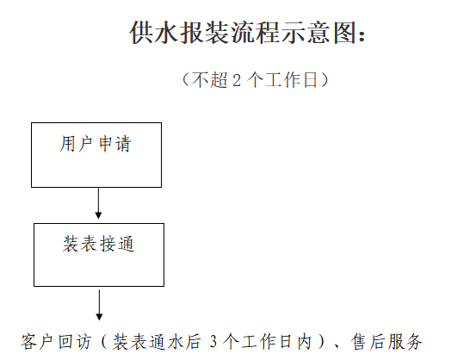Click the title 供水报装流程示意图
(x=243, y=33)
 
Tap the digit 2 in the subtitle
(x=237, y=81)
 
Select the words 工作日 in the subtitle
(x=291, y=80)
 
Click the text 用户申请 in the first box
(x=96, y=144)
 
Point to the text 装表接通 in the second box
(x=98, y=244)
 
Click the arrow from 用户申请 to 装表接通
(x=98, y=203)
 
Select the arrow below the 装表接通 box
(x=99, y=305)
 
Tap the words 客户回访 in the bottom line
(x=56, y=341)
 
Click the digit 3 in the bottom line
(x=213, y=342)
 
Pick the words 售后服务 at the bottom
(x=386, y=341)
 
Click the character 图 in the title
(x=344, y=33)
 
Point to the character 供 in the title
(x=141, y=33)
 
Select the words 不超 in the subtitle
(x=209, y=80)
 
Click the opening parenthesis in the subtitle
(x=186, y=80)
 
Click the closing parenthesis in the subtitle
(x=325, y=80)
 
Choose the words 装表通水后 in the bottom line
(x=157, y=341)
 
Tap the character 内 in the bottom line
(x=305, y=341)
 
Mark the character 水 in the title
(x=166, y=33)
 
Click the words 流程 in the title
(x=256, y=33)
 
